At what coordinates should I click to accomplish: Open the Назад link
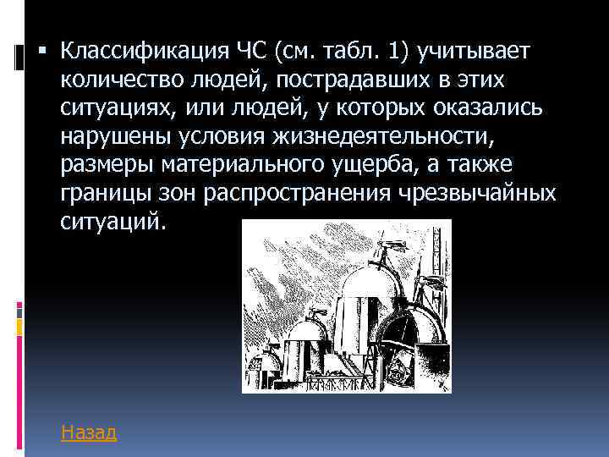coord(89,432)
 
